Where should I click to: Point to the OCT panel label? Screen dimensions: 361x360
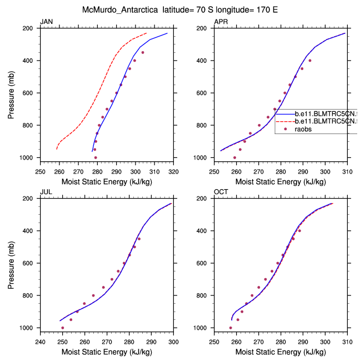pos(221,192)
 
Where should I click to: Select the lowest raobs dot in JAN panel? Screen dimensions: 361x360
pos(96,157)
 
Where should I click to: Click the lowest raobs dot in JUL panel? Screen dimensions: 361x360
pos(62,328)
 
